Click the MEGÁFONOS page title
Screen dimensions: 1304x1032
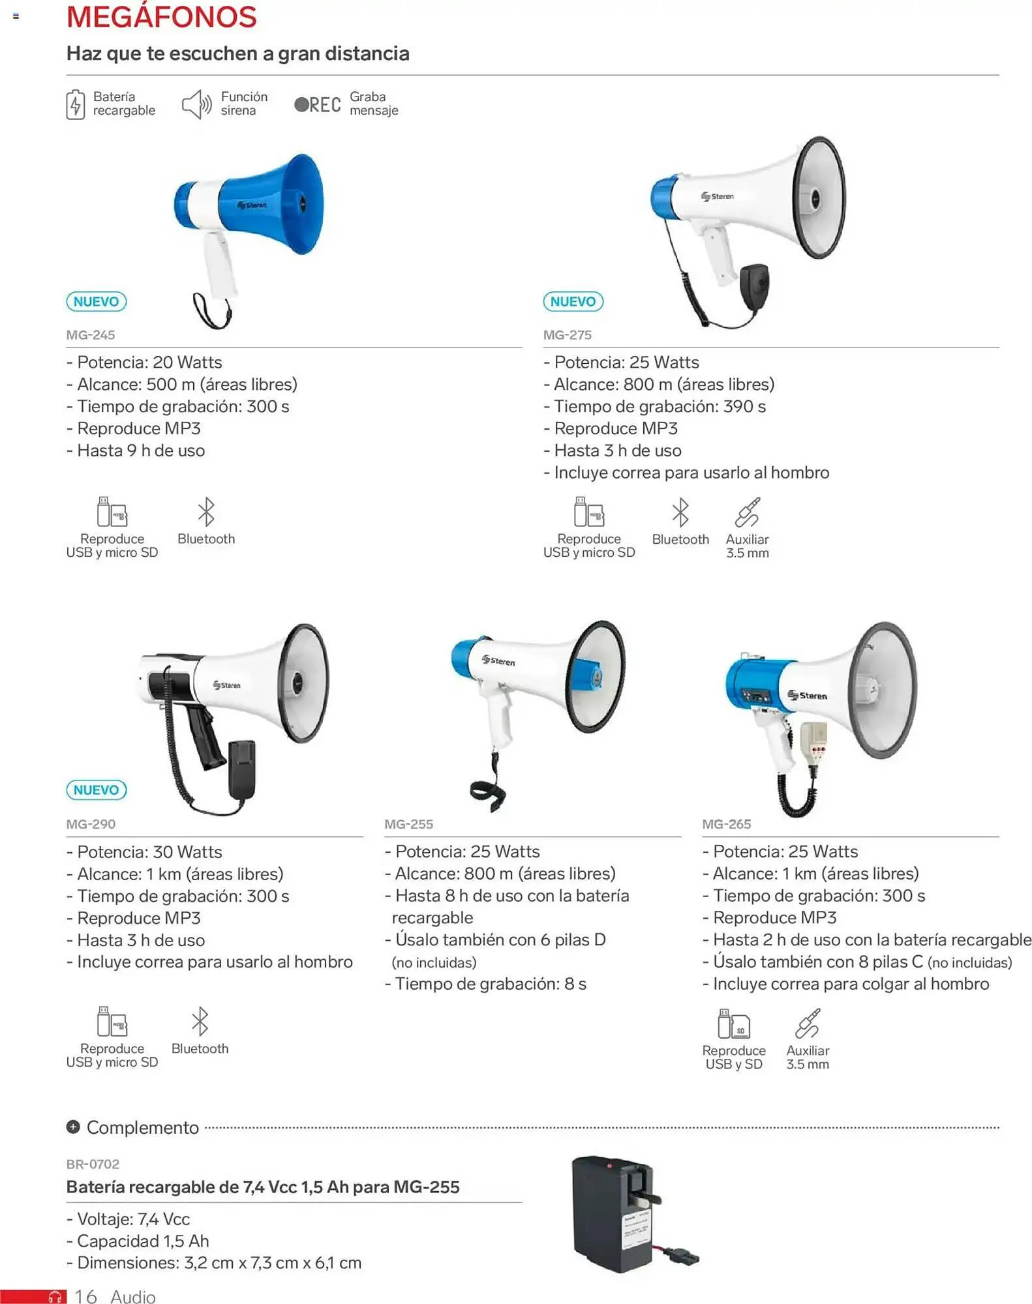tap(161, 17)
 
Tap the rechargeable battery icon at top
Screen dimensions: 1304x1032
tap(75, 104)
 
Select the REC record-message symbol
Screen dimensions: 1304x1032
tap(318, 104)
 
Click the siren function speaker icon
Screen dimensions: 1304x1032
tap(196, 104)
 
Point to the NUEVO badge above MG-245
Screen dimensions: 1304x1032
tap(96, 301)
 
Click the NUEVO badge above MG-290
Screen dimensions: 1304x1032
tap(96, 790)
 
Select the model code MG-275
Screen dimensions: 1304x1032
tap(567, 335)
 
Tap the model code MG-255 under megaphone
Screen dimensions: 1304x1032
tap(408, 824)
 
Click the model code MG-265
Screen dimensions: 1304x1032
tap(726, 824)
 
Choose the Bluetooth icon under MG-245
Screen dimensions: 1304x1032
tap(206, 512)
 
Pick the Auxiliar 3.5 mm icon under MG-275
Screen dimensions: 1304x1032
tap(747, 512)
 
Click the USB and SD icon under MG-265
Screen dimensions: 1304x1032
tap(733, 1024)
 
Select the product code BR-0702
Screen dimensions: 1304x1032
tap(93, 1164)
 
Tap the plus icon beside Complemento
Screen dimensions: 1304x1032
tap(73, 1127)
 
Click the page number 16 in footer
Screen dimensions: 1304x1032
tap(85, 1296)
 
